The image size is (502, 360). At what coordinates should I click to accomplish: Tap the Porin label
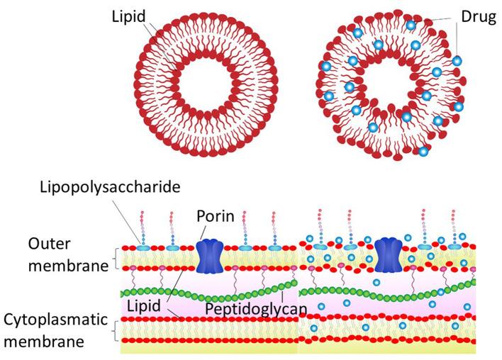[216, 214]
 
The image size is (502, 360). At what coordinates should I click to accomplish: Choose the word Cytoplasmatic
[54, 319]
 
